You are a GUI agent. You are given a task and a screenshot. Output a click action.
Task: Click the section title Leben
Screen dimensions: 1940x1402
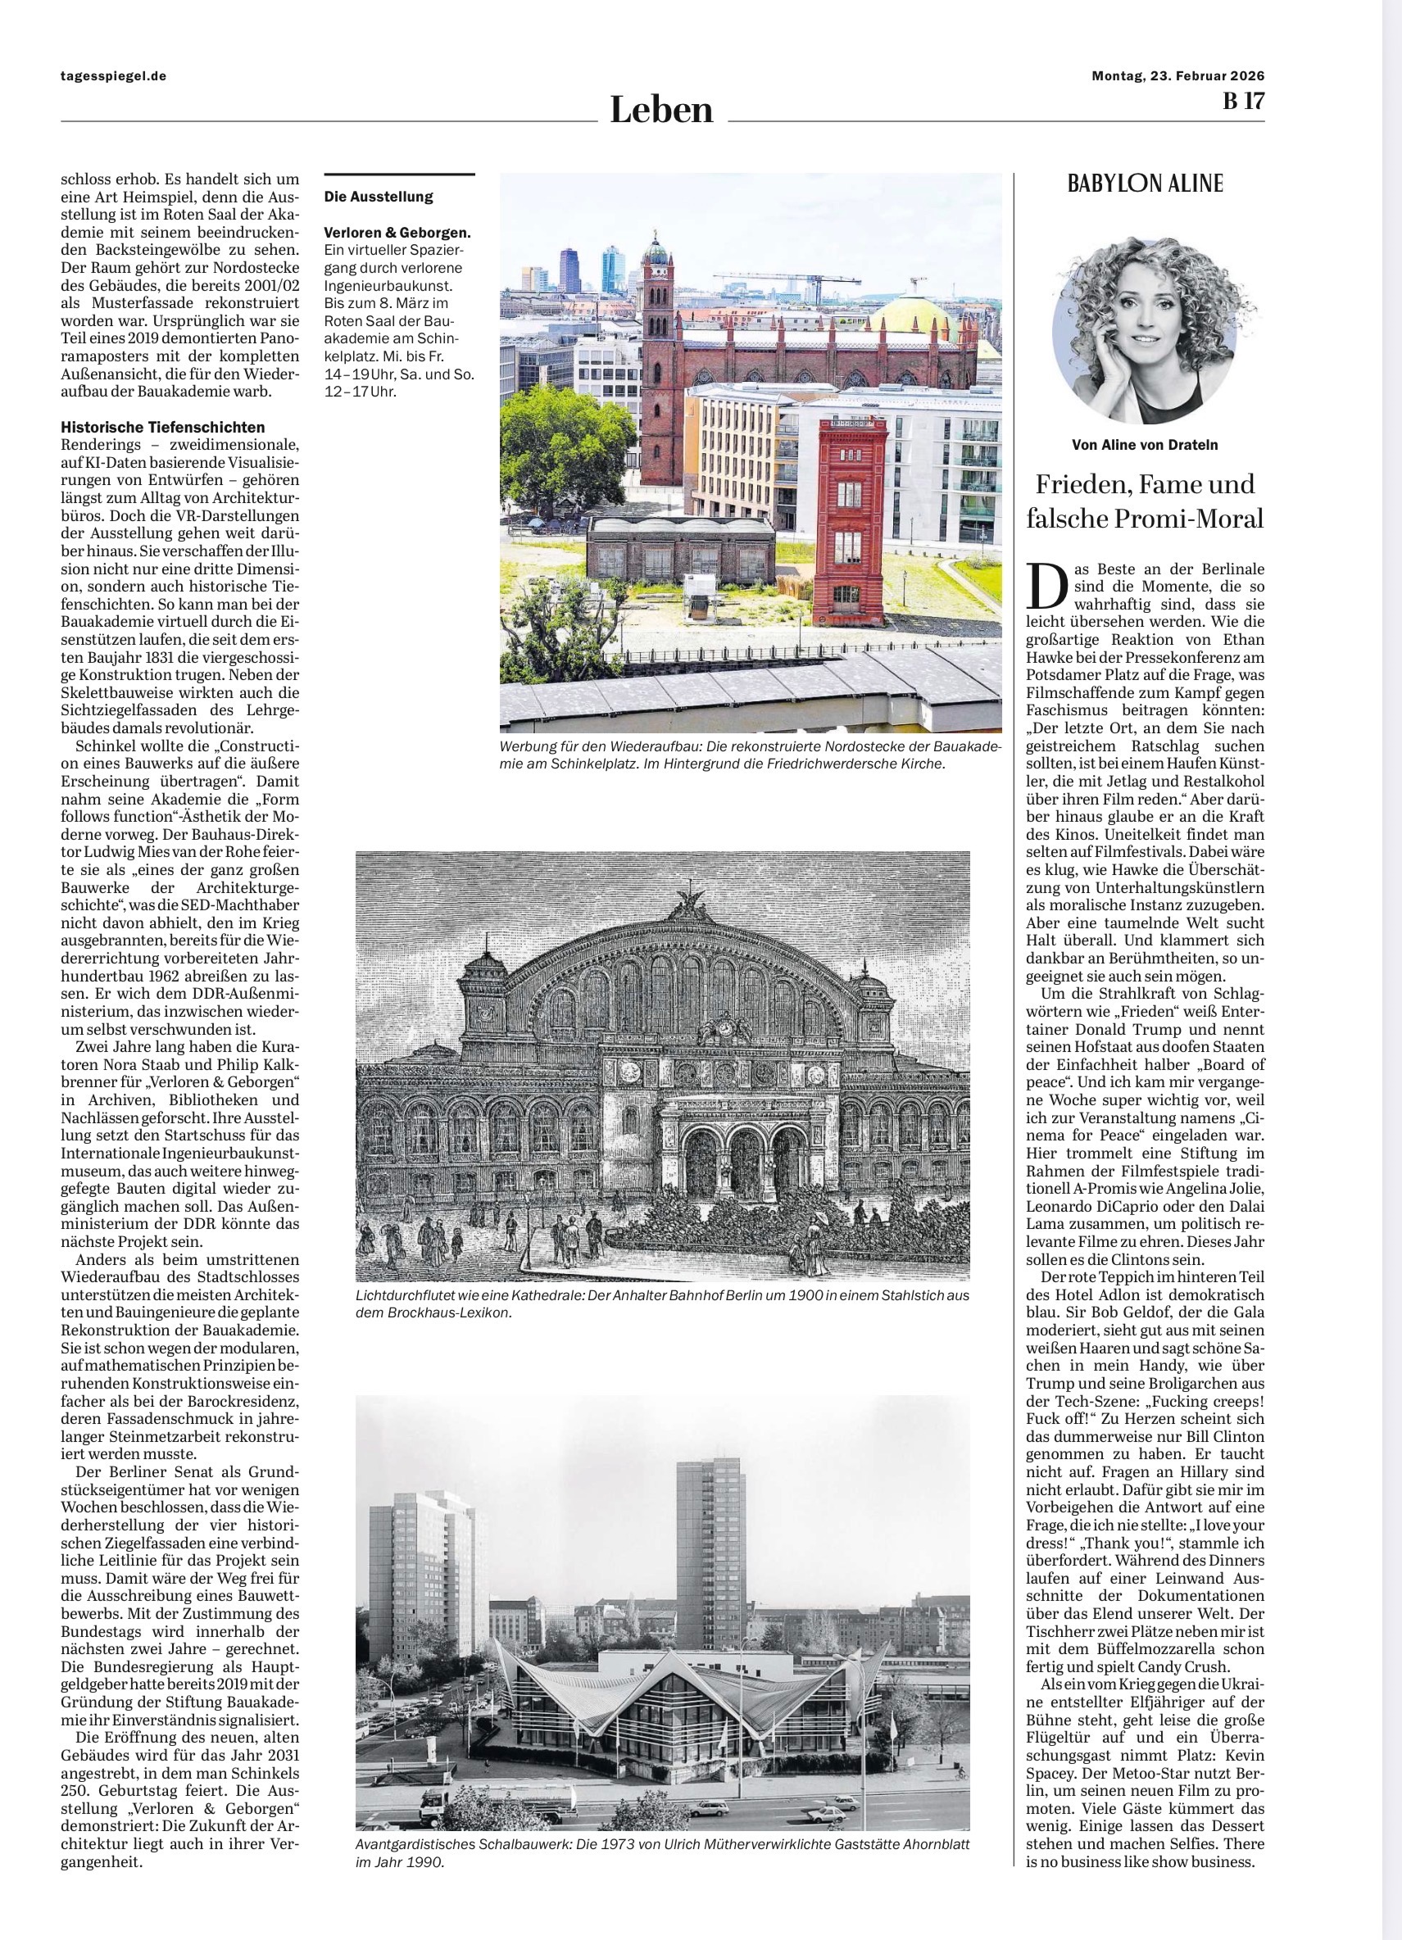660,111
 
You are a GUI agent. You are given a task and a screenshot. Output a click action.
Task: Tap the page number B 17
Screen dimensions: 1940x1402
1242,101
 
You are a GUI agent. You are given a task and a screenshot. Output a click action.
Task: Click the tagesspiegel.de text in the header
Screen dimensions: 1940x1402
113,75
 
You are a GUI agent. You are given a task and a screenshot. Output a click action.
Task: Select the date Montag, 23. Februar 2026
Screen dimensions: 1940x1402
1177,75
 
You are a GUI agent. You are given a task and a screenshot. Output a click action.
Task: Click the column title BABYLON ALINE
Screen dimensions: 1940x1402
1145,183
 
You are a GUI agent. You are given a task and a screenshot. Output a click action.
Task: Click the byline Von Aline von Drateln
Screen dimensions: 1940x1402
1145,445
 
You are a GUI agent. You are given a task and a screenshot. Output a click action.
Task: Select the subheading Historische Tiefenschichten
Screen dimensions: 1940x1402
162,427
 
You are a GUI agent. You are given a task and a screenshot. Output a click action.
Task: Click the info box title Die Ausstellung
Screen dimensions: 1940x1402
378,197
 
